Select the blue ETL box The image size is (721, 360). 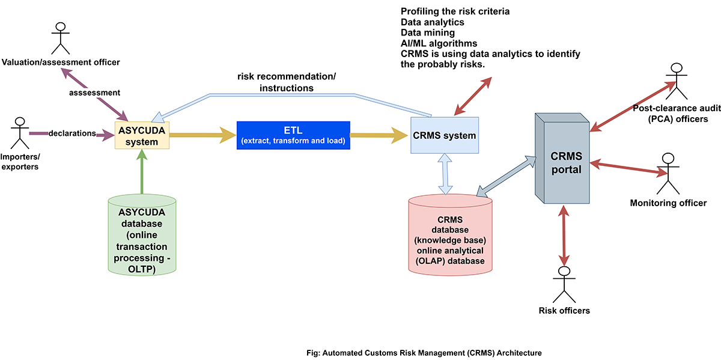pos(293,135)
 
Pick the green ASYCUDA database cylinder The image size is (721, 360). pos(142,236)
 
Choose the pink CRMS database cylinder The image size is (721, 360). pos(450,236)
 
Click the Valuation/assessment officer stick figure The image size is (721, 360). pos(60,39)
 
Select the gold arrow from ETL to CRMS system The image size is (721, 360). pos(379,135)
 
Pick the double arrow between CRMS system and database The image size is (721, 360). pos(445,173)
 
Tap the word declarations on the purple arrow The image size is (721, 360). pos(72,133)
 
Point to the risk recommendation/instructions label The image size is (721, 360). pos(287,82)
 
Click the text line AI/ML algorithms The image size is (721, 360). pos(439,43)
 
